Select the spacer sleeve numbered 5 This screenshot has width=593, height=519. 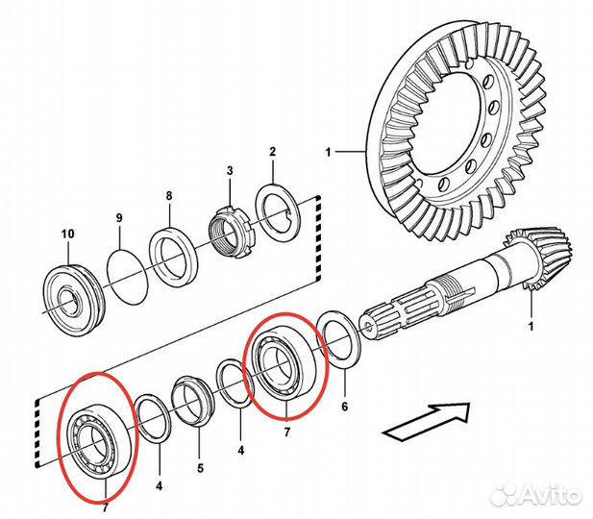(194, 400)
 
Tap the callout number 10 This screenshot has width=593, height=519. (67, 234)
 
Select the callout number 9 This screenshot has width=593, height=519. (119, 219)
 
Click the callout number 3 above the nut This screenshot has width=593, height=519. (230, 171)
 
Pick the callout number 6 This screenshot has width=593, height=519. (344, 407)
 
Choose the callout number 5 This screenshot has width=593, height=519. (200, 470)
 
